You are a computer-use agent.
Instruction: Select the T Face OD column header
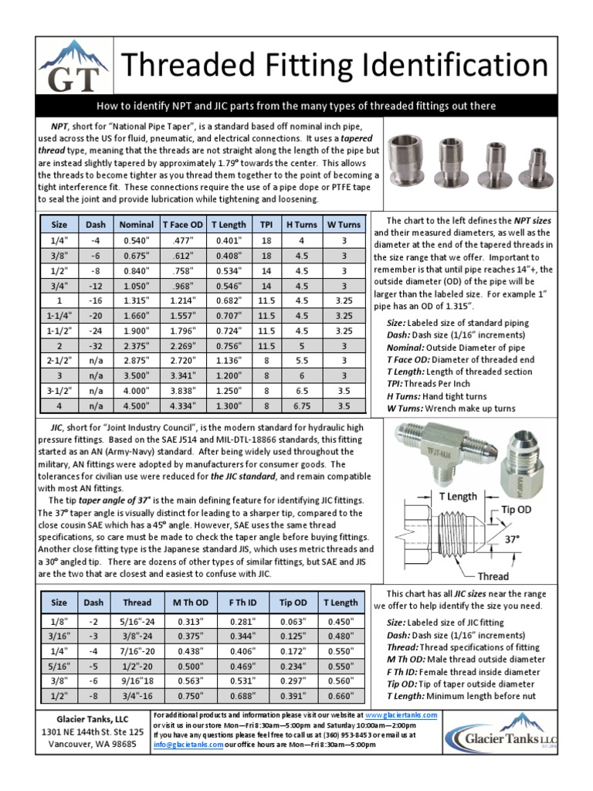click(183, 224)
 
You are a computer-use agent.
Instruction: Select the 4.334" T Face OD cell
click(183, 405)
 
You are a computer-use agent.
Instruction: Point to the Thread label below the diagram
click(493, 576)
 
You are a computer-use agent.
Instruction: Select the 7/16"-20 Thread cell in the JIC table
click(137, 651)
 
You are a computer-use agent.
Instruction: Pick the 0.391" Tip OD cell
click(293, 695)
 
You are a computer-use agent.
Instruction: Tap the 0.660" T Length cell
click(341, 695)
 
